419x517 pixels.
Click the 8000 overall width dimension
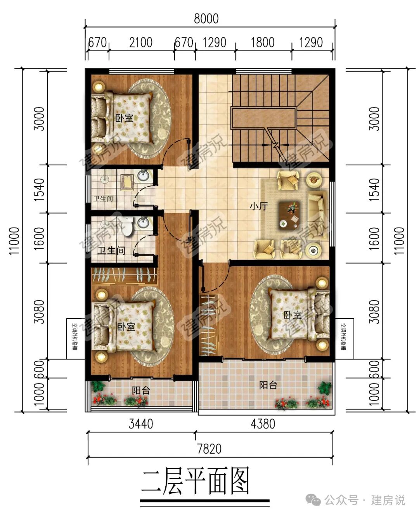pos(206,19)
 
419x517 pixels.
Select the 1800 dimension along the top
pos(263,42)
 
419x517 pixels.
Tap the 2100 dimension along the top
pos(140,42)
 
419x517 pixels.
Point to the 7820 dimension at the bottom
pos(209,449)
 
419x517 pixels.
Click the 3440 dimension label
pos(140,424)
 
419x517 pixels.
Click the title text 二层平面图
pos(195,481)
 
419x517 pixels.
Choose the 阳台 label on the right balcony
pos(268,385)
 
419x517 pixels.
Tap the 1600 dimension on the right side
pos(374,238)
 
